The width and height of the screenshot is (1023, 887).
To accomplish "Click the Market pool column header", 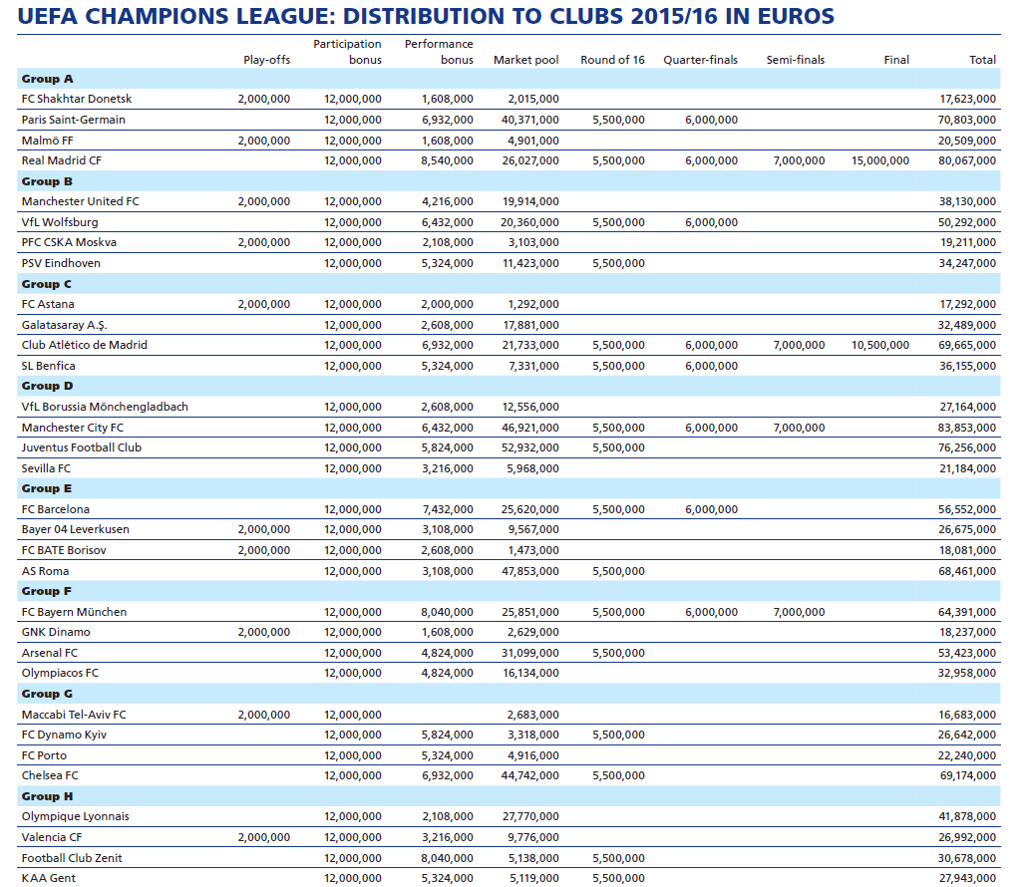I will tap(525, 60).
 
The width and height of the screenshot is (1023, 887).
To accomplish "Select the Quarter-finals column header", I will tap(700, 60).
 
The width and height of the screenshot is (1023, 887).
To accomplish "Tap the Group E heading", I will tap(47, 488).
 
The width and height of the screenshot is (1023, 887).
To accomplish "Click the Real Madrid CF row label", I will tap(61, 160).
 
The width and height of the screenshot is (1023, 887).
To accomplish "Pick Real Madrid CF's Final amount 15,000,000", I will tap(880, 160).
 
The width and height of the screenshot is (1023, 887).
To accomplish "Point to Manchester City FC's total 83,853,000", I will tap(968, 428).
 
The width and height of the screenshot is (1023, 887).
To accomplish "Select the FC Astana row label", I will tap(48, 304).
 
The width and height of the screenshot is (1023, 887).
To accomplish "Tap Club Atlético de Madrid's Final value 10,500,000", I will tap(880, 345).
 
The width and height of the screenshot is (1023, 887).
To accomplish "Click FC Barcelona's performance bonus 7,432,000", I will tap(447, 509).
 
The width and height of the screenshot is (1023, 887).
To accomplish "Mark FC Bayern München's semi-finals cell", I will tap(799, 612).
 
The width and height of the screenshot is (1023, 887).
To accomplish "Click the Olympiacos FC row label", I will tap(60, 673).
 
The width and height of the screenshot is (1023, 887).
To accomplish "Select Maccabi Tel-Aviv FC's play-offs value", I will tap(264, 715).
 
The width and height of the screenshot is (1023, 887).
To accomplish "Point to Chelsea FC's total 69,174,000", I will tap(968, 775).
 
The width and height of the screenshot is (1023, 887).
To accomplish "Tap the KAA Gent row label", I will tap(49, 878).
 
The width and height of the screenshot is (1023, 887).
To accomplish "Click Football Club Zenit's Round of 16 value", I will tap(618, 858).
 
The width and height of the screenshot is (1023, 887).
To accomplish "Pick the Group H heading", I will tap(47, 796).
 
